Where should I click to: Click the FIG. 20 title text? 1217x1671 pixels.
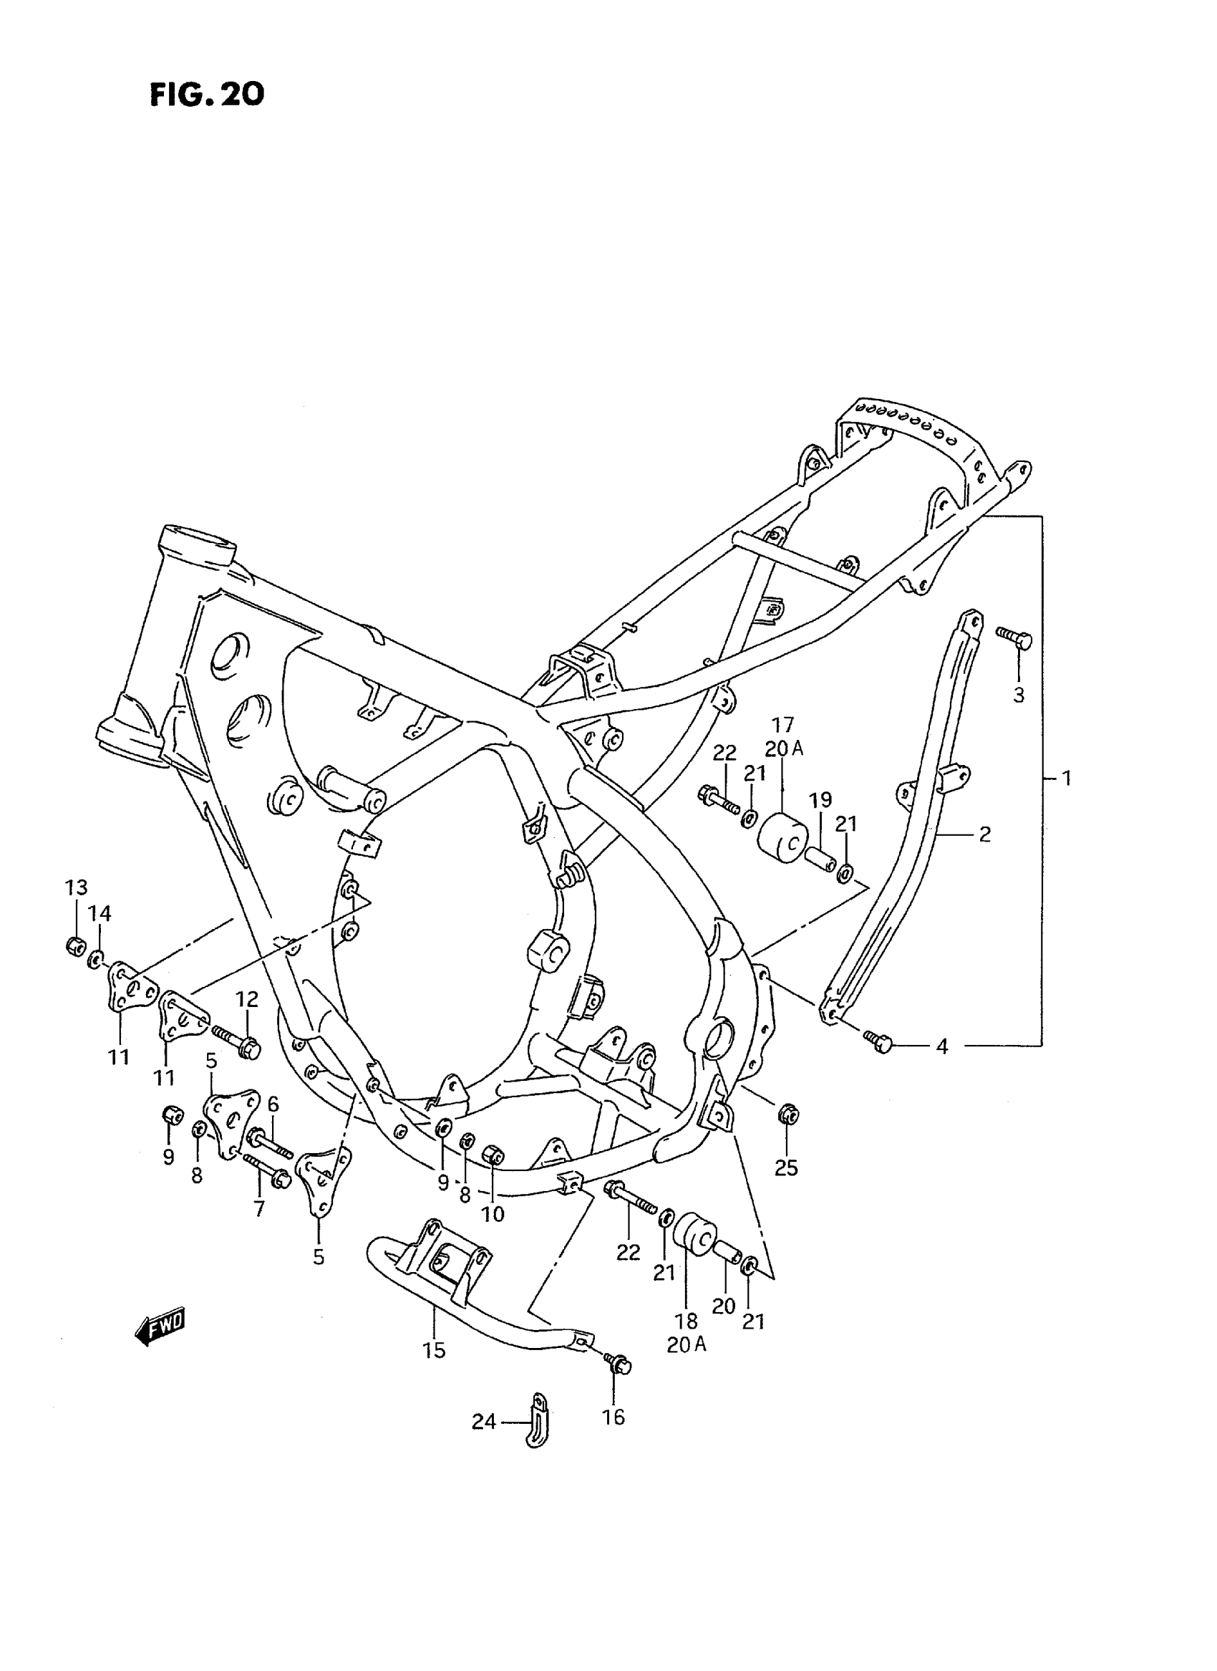(x=207, y=95)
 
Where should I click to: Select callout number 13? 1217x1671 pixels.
(x=76, y=887)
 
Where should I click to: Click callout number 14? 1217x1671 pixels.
(x=100, y=914)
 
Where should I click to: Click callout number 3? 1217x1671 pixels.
(x=1019, y=695)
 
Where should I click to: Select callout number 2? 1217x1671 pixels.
(x=984, y=834)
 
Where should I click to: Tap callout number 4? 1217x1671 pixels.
(x=941, y=1046)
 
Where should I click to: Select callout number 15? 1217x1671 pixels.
(x=435, y=1350)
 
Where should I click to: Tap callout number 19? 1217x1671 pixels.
(x=820, y=800)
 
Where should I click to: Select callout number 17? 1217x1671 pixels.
(x=783, y=726)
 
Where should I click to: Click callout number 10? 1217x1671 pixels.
(x=493, y=1214)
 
